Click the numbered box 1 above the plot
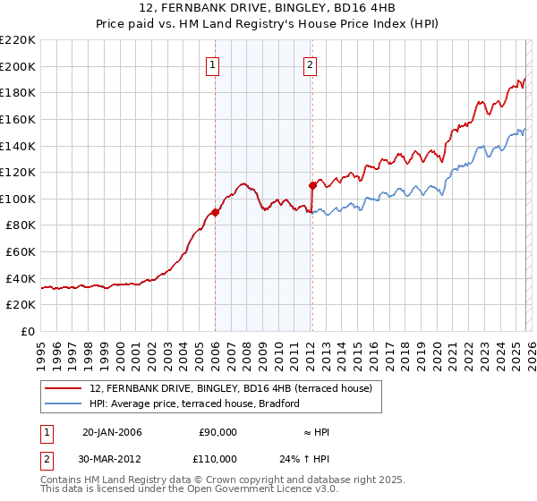click(214, 64)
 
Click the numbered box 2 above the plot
click(310, 64)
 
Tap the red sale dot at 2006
click(215, 212)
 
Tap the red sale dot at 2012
click(312, 185)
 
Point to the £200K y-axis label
click(18, 66)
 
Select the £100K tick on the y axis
click(18, 199)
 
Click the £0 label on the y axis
click(27, 332)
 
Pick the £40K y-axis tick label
click(21, 278)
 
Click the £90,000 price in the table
click(217, 432)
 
